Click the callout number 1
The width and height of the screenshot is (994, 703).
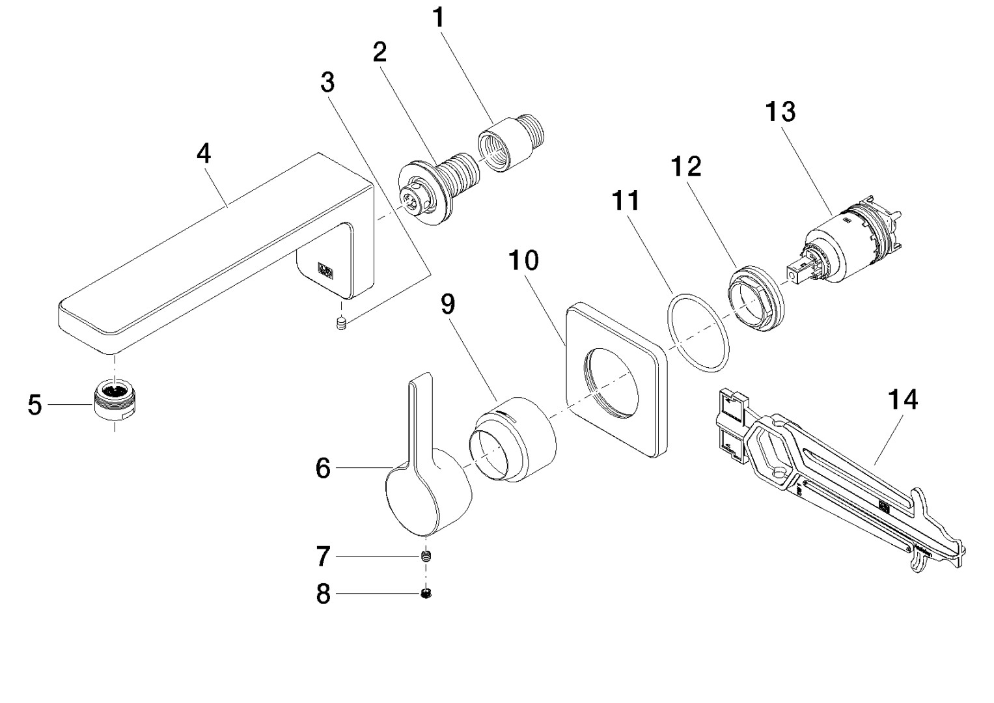tap(439, 18)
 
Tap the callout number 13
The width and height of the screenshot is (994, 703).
tap(780, 112)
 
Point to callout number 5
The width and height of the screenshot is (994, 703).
tap(35, 405)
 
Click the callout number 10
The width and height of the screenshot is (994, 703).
tap(524, 260)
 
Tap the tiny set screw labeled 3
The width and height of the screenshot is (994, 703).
tap(339, 324)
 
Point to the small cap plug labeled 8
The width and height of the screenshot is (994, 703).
tap(426, 593)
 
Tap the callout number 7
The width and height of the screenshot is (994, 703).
tap(324, 557)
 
